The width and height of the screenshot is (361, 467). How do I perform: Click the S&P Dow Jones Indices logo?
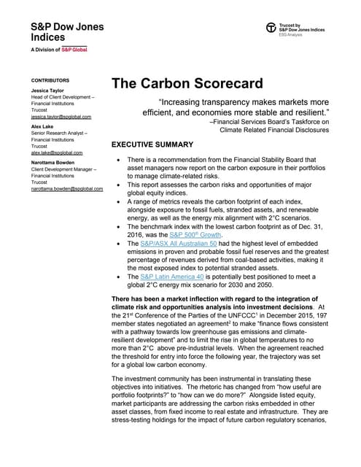(67, 32)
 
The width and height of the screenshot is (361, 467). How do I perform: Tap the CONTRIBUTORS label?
(50, 80)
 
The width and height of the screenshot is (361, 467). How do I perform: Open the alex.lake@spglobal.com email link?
(56, 153)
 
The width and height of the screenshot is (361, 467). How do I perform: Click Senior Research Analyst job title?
(61, 135)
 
